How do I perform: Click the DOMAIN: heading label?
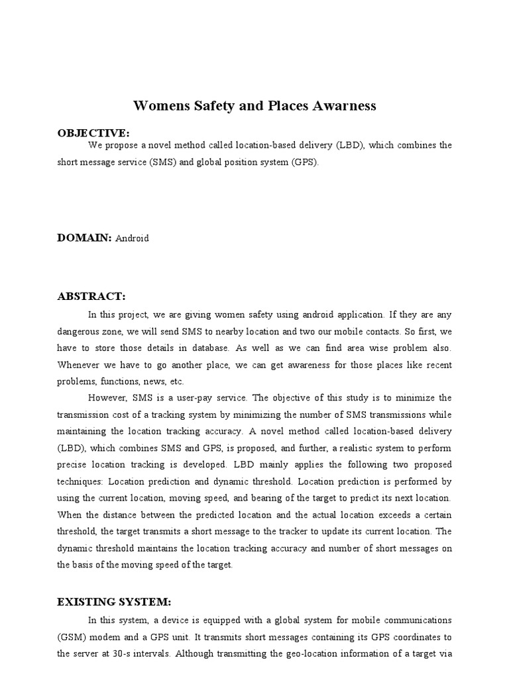(85, 238)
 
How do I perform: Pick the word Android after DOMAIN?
(132, 239)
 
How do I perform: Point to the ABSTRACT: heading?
(91, 296)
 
